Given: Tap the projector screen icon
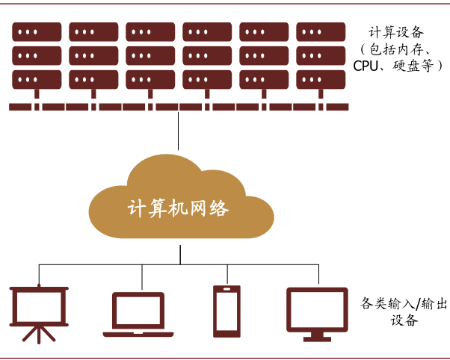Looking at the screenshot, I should (38, 305).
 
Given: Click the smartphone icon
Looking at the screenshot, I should (225, 311).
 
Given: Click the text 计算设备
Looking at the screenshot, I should (396, 33).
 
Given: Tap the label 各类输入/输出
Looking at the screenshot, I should (398, 303).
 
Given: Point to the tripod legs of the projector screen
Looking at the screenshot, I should (37, 333).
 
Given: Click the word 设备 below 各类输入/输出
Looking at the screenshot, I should (403, 320).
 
